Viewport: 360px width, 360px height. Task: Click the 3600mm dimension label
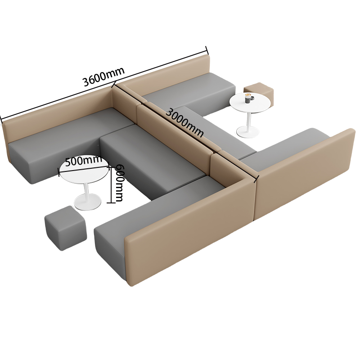(x=103, y=76)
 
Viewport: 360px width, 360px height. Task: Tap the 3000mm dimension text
(x=184, y=123)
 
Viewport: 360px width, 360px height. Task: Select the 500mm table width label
(x=84, y=161)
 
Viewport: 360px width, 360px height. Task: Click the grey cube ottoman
(x=66, y=228)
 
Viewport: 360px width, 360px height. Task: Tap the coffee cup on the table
(x=248, y=98)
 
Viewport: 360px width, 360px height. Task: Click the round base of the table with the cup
(x=247, y=132)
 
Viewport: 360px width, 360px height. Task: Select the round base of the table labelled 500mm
(x=87, y=202)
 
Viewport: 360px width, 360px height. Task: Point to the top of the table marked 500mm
(x=84, y=171)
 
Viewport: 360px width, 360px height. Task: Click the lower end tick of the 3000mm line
(x=257, y=179)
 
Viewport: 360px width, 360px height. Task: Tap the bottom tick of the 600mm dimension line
(x=111, y=202)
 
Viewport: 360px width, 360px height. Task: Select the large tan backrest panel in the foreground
(x=189, y=231)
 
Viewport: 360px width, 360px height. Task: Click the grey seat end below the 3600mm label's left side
(x=19, y=162)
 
